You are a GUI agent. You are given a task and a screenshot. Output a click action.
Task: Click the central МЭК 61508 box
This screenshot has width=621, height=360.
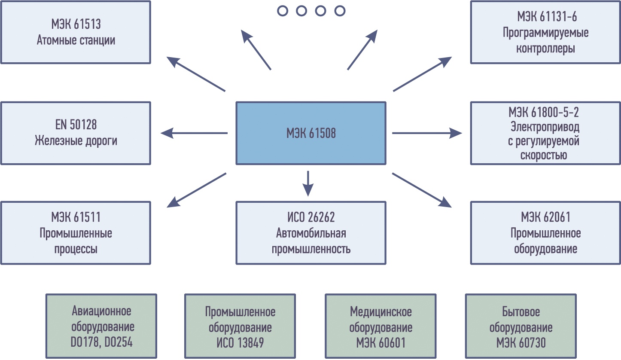(311, 133)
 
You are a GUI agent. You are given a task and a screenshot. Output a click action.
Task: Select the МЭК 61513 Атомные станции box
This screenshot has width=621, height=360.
(76, 32)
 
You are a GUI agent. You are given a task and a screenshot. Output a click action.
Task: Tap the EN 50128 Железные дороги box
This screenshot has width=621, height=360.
(76, 133)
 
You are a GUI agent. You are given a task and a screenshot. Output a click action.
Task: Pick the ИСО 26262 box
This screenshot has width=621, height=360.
(311, 233)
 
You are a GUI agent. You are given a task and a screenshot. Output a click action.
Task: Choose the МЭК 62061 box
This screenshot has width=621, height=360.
(545, 233)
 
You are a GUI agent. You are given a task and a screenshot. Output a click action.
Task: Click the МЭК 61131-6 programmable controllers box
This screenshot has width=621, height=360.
(545, 32)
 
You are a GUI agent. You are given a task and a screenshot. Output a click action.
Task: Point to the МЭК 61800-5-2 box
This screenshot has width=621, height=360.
(545, 133)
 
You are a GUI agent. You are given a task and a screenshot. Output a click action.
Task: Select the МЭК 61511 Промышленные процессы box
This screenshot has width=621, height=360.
(76, 233)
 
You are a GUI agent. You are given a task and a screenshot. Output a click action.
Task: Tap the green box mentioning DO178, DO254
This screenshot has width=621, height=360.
(101, 326)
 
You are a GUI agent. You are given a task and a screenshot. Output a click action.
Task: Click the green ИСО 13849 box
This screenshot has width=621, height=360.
(240, 326)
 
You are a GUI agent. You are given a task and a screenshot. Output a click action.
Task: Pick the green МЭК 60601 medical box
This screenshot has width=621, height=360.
(381, 326)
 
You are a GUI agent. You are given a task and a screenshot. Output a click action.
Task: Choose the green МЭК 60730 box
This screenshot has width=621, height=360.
(521, 326)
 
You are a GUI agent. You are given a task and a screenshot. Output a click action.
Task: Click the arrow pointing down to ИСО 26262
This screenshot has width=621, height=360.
(308, 183)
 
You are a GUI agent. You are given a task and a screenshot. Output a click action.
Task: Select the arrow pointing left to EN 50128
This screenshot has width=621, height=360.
(194, 133)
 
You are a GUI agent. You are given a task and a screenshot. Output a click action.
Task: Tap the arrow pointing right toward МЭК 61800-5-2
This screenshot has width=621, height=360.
(427, 133)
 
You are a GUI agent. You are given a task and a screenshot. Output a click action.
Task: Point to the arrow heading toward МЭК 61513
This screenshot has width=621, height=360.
(196, 74)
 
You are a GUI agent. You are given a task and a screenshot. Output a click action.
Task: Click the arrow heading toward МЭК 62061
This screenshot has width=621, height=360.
(422, 190)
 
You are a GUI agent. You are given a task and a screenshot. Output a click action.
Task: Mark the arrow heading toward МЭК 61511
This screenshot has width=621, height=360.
(197, 190)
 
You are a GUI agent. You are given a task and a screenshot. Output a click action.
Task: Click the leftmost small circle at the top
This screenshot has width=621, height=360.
(283, 11)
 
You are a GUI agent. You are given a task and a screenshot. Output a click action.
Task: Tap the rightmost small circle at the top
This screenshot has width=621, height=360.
(340, 11)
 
